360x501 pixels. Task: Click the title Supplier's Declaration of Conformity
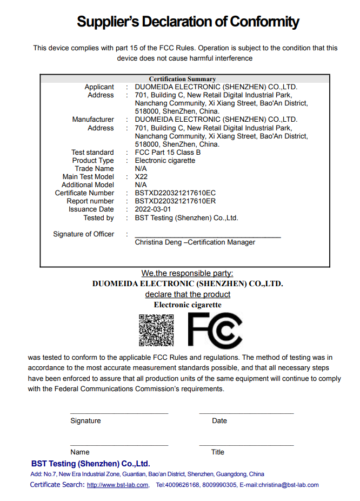click(188, 22)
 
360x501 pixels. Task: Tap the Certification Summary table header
click(182, 79)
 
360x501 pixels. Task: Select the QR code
click(156, 330)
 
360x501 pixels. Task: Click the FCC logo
click(215, 330)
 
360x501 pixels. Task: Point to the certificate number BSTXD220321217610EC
click(175, 193)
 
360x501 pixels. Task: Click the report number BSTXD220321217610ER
click(175, 201)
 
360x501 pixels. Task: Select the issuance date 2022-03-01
click(153, 209)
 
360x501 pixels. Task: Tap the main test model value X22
click(141, 177)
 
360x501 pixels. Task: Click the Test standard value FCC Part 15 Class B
click(168, 153)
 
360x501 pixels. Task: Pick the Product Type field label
click(93, 161)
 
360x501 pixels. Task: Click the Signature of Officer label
click(84, 234)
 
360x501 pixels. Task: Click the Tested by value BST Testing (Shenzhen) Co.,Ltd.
click(186, 218)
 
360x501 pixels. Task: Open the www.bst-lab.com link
click(117, 485)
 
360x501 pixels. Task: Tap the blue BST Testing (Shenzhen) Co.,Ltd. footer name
click(90, 464)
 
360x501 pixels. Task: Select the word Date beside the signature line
click(219, 421)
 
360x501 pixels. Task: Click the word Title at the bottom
click(218, 452)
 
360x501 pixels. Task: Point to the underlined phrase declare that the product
click(188, 294)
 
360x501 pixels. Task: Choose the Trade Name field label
click(95, 169)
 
